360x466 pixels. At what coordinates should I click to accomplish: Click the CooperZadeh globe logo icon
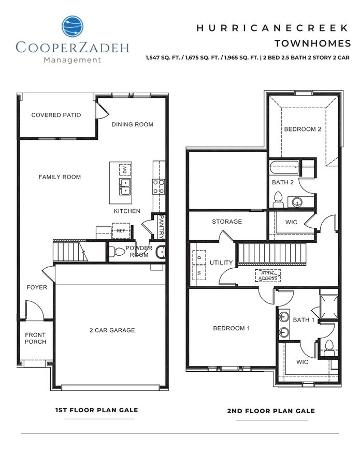(x=72, y=27)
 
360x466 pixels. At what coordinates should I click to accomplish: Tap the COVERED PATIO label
(x=56, y=115)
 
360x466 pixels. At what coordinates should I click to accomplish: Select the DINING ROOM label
(x=133, y=124)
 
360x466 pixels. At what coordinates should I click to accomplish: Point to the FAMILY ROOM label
(x=60, y=177)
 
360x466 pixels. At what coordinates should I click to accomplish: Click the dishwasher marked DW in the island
(x=125, y=169)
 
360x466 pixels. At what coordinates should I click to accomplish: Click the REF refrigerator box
(x=120, y=231)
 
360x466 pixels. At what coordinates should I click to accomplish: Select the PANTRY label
(x=162, y=227)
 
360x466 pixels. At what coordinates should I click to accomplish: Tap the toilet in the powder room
(x=119, y=252)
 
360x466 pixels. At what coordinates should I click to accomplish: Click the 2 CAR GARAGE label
(x=112, y=330)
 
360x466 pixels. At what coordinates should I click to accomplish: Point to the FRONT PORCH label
(x=35, y=338)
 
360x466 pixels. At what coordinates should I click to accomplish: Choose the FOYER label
(x=37, y=287)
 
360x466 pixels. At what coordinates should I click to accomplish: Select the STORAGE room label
(x=227, y=222)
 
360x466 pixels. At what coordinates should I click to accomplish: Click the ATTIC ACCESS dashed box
(x=268, y=275)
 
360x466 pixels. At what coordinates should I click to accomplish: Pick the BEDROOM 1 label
(x=232, y=328)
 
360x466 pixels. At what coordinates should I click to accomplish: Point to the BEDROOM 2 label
(x=303, y=129)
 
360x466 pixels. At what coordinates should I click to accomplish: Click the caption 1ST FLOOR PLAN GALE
(x=96, y=410)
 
